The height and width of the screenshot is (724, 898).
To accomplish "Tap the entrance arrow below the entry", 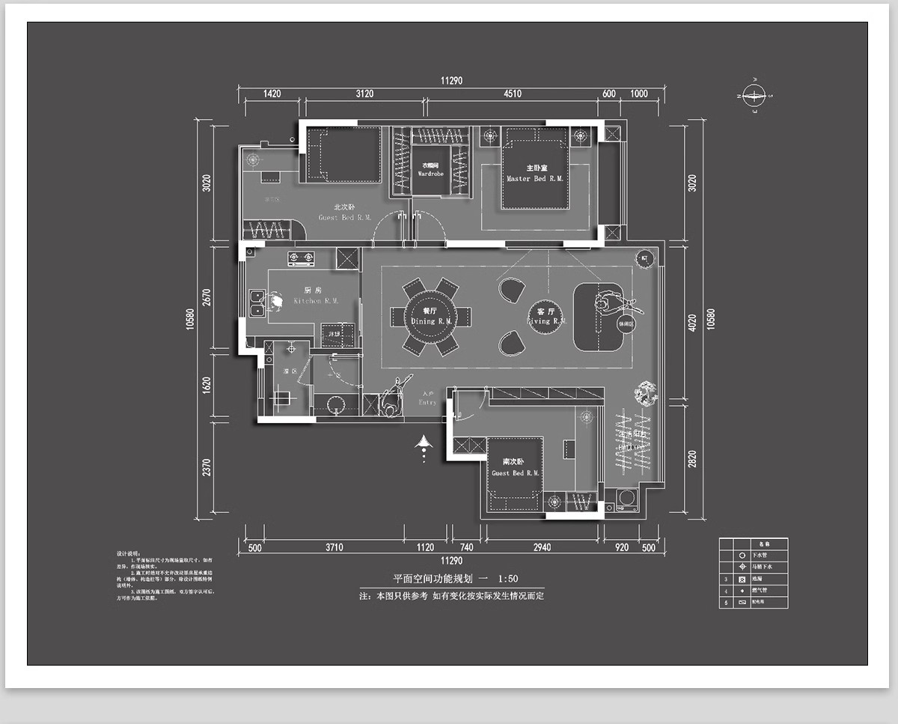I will (x=424, y=447).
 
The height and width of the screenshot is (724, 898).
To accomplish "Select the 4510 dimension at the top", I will (x=512, y=94).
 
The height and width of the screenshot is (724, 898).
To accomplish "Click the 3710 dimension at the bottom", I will (x=334, y=547).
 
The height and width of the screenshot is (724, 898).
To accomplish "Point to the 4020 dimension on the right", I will (x=691, y=322).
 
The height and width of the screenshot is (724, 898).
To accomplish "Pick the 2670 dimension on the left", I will (x=207, y=297).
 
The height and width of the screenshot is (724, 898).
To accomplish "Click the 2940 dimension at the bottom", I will (x=542, y=547).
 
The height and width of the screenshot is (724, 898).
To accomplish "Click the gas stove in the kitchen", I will (x=301, y=259).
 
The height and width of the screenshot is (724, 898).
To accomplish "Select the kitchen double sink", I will (x=257, y=302).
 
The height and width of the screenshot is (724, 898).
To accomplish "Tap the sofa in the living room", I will (x=598, y=316).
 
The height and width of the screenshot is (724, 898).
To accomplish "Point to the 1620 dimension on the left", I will (x=207, y=384).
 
